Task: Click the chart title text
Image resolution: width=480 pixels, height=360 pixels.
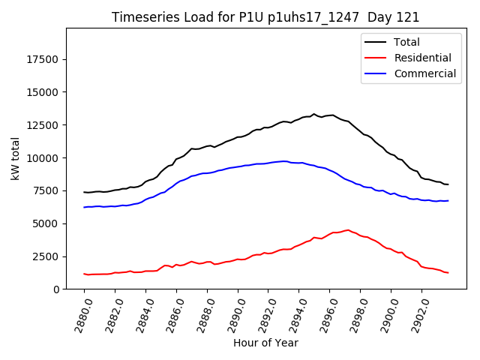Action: pyautogui.click(x=265, y=17)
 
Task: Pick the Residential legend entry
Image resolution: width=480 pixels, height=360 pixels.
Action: pyautogui.click(x=423, y=58)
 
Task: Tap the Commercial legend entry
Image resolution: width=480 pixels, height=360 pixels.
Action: pyautogui.click(x=424, y=73)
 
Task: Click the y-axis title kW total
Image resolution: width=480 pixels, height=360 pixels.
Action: pyautogui.click(x=16, y=158)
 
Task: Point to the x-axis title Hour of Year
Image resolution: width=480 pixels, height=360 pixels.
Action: pyautogui.click(x=265, y=343)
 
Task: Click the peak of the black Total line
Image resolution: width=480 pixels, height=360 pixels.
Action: pyautogui.click(x=314, y=114)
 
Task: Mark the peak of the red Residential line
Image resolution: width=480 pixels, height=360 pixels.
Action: pyautogui.click(x=348, y=230)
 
